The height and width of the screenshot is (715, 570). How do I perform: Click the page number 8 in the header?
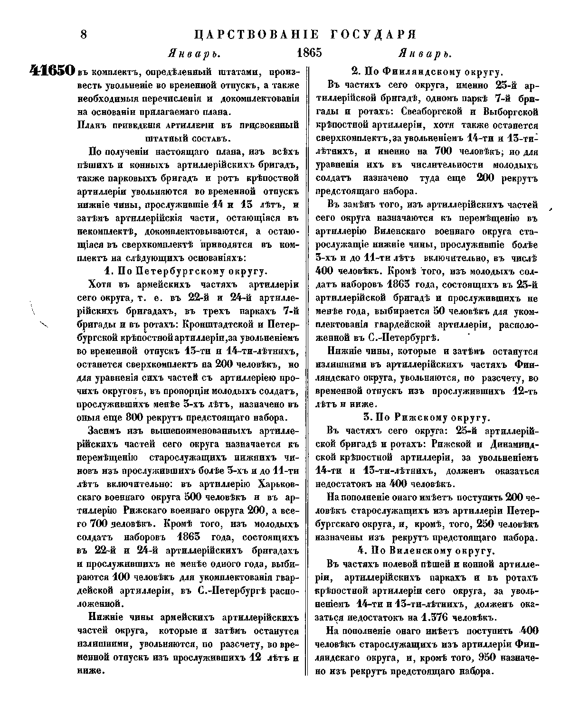click(85, 35)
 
